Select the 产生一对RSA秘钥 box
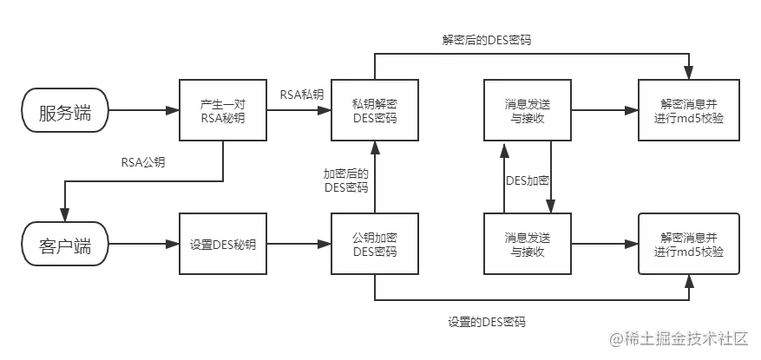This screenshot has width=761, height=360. (x=223, y=110)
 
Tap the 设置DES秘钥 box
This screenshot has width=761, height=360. (x=223, y=245)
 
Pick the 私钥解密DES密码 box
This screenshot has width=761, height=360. (x=375, y=110)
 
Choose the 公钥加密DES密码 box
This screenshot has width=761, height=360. (x=375, y=245)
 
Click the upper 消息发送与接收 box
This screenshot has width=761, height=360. (x=528, y=110)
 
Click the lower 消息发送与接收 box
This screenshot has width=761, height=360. (x=528, y=245)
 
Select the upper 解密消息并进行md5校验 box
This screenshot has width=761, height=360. (x=689, y=110)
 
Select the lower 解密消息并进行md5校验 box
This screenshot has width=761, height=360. (x=689, y=245)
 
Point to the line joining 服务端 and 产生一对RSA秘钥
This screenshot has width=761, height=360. (x=142, y=110)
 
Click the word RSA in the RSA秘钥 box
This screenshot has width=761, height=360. (x=211, y=119)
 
